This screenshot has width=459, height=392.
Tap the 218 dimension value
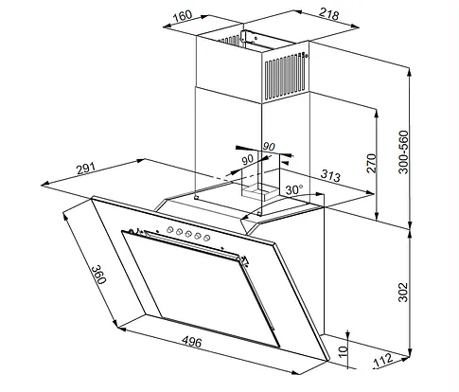click(x=329, y=14)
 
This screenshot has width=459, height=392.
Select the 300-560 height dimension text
click(x=403, y=151)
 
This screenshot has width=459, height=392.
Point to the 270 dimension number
click(x=372, y=163)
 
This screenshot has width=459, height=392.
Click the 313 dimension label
click(x=330, y=175)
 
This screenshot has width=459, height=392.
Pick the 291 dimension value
click(x=86, y=169)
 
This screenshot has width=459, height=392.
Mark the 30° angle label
click(x=293, y=190)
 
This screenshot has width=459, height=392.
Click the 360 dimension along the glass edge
click(x=98, y=274)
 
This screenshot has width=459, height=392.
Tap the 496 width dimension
click(x=192, y=342)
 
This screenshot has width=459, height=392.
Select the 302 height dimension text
click(x=403, y=293)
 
